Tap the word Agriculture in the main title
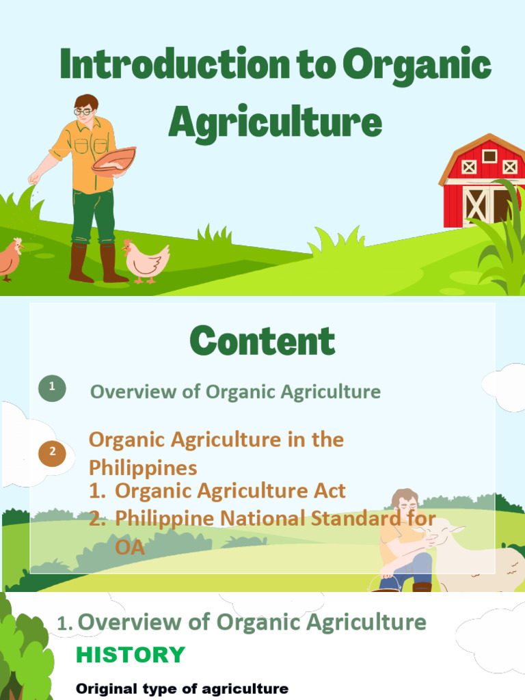pyautogui.click(x=275, y=122)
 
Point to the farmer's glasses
pyautogui.click(x=83, y=111)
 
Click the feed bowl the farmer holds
pyautogui.click(x=113, y=161)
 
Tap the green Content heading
pyautogui.click(x=262, y=340)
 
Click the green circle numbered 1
pyautogui.click(x=53, y=390)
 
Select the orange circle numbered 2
pyautogui.click(x=53, y=451)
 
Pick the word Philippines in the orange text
pyautogui.click(x=143, y=468)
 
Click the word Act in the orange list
pyautogui.click(x=327, y=491)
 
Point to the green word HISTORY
pyautogui.click(x=130, y=655)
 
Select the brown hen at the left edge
pyautogui.click(x=10, y=259)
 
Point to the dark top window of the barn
pyautogui.click(x=489, y=156)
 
